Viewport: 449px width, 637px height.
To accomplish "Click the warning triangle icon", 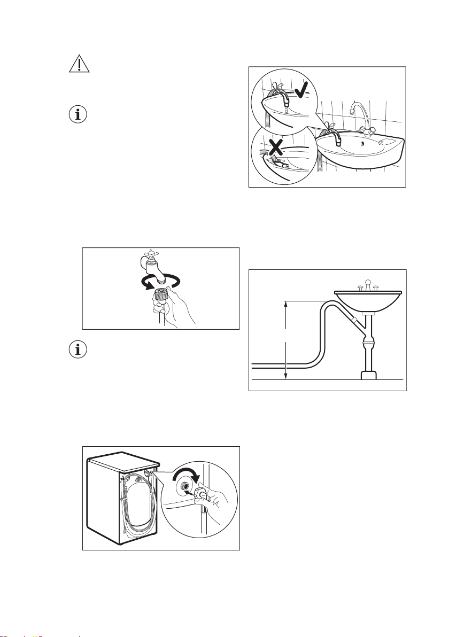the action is point(78,65).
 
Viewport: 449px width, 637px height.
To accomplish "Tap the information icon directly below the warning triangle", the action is point(78,114).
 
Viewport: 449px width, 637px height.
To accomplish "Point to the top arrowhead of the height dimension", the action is point(287,303).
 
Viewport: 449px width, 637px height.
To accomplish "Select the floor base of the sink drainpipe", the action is point(369,375).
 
